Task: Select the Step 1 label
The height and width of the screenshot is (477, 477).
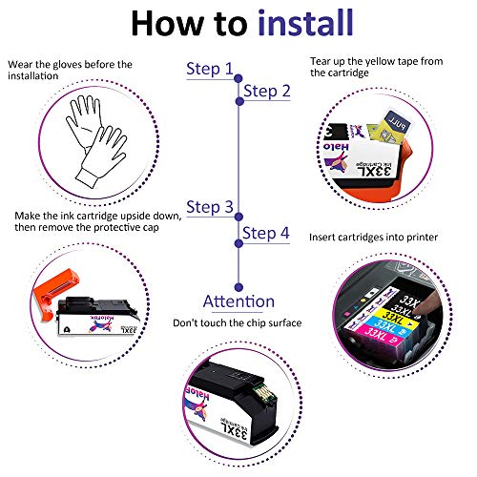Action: [209, 69]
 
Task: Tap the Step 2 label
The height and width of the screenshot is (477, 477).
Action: [266, 92]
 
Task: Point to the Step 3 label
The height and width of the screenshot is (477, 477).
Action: [209, 207]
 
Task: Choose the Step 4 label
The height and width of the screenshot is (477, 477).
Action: [266, 234]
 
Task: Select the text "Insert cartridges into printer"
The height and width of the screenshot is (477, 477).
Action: [372, 236]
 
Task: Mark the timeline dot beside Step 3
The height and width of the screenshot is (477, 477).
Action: [238, 217]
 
